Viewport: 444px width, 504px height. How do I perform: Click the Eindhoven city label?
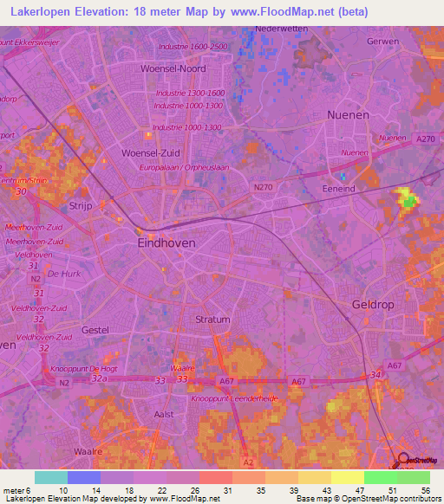point(166,244)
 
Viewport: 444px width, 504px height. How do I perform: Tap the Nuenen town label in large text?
point(348,114)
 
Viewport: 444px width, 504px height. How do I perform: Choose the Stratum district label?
point(212,320)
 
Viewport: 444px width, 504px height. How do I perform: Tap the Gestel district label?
point(95,330)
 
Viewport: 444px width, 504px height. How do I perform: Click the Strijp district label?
point(81,206)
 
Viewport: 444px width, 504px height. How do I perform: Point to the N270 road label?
point(264,186)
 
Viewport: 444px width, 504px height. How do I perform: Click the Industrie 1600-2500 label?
point(194,46)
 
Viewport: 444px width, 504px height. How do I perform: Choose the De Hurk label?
point(64,274)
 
